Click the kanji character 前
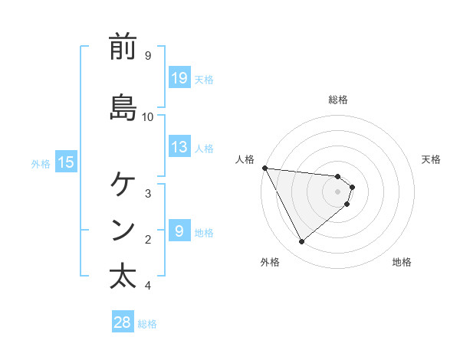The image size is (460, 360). coord(123,47)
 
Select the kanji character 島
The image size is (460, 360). coord(123,108)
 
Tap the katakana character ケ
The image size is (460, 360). coord(123,185)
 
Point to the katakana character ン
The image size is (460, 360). coord(123,231)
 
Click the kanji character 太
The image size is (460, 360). coord(123,277)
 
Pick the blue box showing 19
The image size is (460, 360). coord(179,77)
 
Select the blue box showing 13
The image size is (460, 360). coord(179,147)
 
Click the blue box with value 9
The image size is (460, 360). coord(179,231)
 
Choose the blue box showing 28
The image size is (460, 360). coord(123,322)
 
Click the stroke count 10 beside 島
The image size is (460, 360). coord(149,116)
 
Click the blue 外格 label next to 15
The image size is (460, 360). coord(41,162)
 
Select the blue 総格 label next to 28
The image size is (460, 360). coord(147,324)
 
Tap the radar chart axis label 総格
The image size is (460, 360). coord(338,100)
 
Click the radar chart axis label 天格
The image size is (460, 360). coord(432,159)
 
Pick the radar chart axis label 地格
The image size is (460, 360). coord(402,262)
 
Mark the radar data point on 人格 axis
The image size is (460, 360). coord(264,168)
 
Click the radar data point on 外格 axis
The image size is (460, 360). coord(301,242)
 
